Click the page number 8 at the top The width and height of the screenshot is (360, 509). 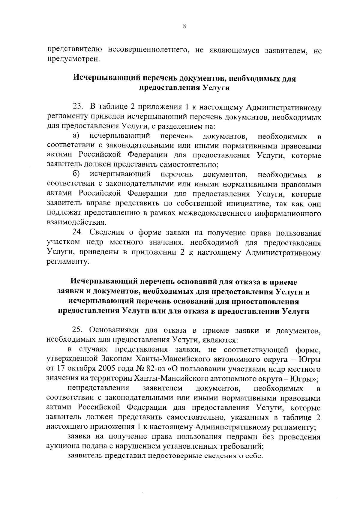coord(184,26)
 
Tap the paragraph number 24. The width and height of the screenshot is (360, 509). coord(78,233)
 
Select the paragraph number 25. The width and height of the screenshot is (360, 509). coord(78,330)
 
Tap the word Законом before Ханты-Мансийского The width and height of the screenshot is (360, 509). coord(117,359)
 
